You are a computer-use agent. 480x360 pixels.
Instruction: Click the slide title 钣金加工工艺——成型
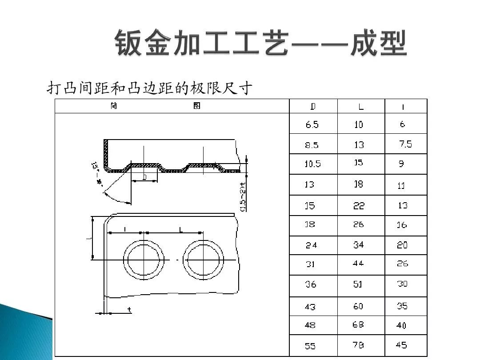261,44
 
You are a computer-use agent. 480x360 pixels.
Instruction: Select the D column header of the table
313,107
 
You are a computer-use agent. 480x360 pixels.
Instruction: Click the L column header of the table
361,107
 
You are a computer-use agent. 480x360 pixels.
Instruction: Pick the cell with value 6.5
312,125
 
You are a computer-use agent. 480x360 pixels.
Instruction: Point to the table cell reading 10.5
312,164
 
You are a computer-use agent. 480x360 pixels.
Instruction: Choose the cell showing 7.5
405,144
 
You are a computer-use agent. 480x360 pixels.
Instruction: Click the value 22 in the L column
359,205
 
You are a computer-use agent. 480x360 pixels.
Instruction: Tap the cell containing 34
358,244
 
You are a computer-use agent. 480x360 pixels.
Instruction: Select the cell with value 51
358,284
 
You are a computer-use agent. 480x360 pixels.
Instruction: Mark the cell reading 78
358,345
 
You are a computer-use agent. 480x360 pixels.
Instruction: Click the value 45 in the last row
401,345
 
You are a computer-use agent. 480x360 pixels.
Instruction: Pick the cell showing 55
311,346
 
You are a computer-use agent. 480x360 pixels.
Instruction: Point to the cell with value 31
310,264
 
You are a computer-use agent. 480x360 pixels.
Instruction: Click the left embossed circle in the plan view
144,260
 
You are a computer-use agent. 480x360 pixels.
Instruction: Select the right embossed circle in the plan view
203,260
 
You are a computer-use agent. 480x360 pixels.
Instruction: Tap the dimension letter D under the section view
144,177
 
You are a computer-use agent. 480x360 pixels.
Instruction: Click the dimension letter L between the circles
181,229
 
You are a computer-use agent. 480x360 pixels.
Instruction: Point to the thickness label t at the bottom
129,309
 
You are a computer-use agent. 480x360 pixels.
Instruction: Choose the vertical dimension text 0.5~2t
243,197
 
